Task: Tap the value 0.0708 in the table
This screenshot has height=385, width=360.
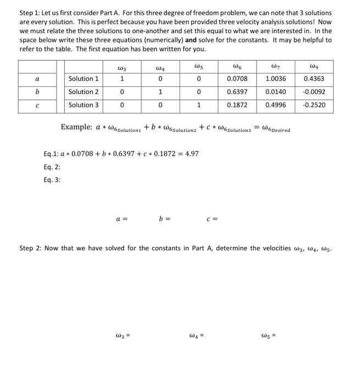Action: pyautogui.click(x=237, y=79)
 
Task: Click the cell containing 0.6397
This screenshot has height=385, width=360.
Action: pyautogui.click(x=237, y=92)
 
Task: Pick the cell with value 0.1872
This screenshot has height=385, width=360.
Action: pyautogui.click(x=237, y=105)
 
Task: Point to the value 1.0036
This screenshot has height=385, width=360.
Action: pyautogui.click(x=275, y=79)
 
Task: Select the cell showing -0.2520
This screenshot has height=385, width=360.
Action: pyautogui.click(x=314, y=105)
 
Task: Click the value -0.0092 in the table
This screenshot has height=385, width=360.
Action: pyautogui.click(x=314, y=92)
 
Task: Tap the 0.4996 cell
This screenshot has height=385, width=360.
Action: pyautogui.click(x=275, y=105)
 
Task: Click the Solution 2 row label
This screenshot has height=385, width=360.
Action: pyautogui.click(x=84, y=92)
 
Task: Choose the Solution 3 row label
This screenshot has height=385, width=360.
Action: pyautogui.click(x=84, y=105)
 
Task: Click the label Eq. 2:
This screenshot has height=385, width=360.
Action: pyautogui.click(x=52, y=167)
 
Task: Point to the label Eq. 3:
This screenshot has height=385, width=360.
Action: pyautogui.click(x=52, y=180)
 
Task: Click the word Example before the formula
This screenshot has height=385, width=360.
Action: pyautogui.click(x=76, y=127)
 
